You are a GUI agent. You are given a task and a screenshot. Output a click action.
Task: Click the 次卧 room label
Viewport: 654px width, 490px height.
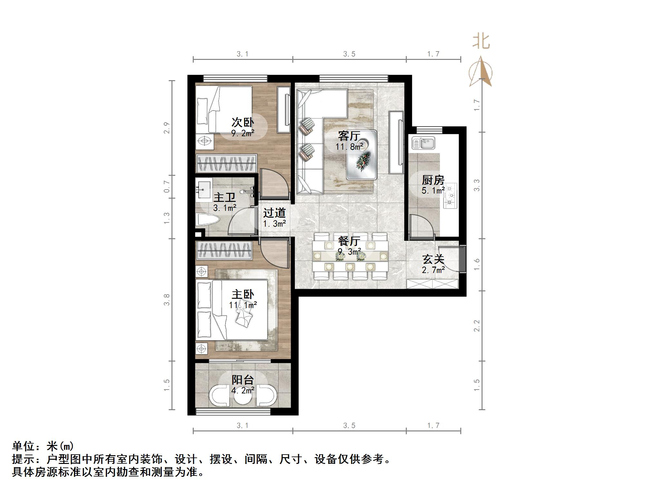pyautogui.click(x=243, y=122)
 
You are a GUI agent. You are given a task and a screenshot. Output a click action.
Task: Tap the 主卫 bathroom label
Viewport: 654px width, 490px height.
pyautogui.click(x=224, y=197)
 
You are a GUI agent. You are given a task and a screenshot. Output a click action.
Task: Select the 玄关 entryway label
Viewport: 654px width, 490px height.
pyautogui.click(x=433, y=259)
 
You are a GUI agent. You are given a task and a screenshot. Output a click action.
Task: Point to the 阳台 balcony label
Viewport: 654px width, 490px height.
pyautogui.click(x=243, y=380)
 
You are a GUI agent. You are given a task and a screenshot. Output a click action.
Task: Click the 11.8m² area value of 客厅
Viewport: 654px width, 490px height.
pyautogui.click(x=349, y=147)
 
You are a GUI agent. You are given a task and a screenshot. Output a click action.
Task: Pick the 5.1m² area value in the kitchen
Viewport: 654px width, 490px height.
pyautogui.click(x=433, y=191)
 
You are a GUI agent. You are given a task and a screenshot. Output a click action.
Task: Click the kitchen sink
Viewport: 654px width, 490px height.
pyautogui.click(x=423, y=143)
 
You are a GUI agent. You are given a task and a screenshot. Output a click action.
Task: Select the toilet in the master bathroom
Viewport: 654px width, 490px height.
pyautogui.click(x=207, y=220)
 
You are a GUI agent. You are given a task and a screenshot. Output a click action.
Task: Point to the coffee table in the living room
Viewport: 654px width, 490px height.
pyautogui.click(x=362, y=155)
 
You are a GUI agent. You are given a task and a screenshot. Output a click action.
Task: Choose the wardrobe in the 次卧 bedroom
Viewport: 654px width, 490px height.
pyautogui.click(x=227, y=164)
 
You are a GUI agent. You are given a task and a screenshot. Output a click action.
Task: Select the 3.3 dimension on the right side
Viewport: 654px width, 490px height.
pyautogui.click(x=477, y=185)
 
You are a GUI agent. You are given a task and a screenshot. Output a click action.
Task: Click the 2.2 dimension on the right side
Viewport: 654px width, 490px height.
pyautogui.click(x=477, y=326)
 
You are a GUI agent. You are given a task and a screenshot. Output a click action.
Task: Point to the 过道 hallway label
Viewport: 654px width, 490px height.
pyautogui.click(x=274, y=213)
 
